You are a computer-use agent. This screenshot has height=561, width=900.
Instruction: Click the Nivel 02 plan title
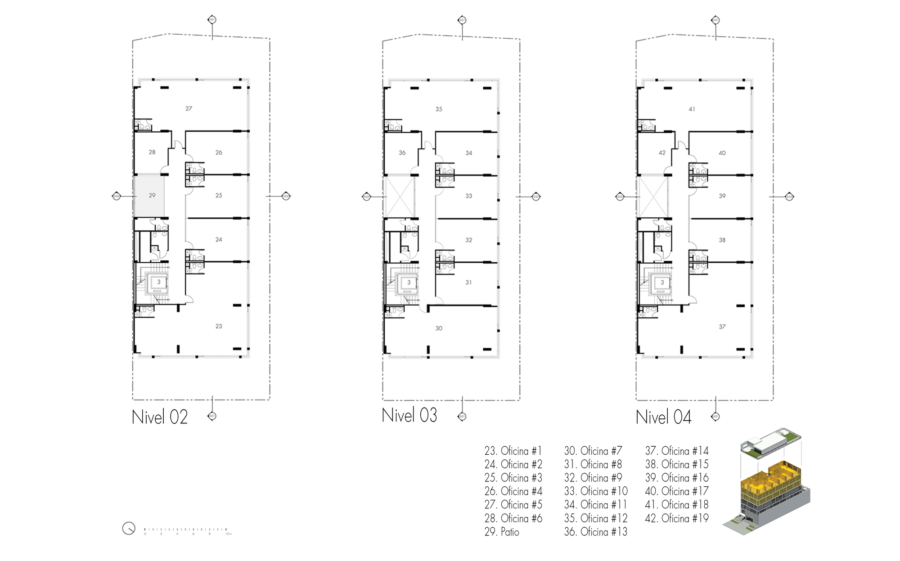click(160, 417)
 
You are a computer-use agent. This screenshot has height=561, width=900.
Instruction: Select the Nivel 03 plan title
click(409, 415)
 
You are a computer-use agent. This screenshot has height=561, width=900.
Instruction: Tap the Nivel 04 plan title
click(663, 417)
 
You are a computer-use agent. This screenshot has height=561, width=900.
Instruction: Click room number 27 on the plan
click(189, 108)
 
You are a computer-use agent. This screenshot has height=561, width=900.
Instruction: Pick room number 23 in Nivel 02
click(219, 326)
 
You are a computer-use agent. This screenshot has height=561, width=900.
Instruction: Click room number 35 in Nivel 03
click(439, 109)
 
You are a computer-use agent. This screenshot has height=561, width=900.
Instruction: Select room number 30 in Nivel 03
click(439, 328)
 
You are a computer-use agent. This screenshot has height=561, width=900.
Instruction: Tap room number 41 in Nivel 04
click(692, 109)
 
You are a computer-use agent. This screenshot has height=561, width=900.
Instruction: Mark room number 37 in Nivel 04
click(722, 327)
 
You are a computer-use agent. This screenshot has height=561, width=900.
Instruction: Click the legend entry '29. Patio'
click(502, 532)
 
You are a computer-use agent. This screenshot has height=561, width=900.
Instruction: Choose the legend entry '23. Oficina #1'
click(513, 451)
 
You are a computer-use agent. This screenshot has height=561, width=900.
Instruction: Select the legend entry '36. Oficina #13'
click(595, 532)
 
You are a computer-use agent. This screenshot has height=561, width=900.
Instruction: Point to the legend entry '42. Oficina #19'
click(677, 518)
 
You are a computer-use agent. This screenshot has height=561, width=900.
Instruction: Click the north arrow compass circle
click(129, 529)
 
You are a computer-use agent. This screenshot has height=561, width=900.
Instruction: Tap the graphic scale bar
click(187, 531)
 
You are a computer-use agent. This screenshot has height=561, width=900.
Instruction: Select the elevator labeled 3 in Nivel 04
click(662, 283)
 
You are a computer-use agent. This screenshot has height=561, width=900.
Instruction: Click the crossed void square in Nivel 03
click(399, 197)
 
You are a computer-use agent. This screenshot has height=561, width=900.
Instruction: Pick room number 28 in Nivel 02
click(152, 152)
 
